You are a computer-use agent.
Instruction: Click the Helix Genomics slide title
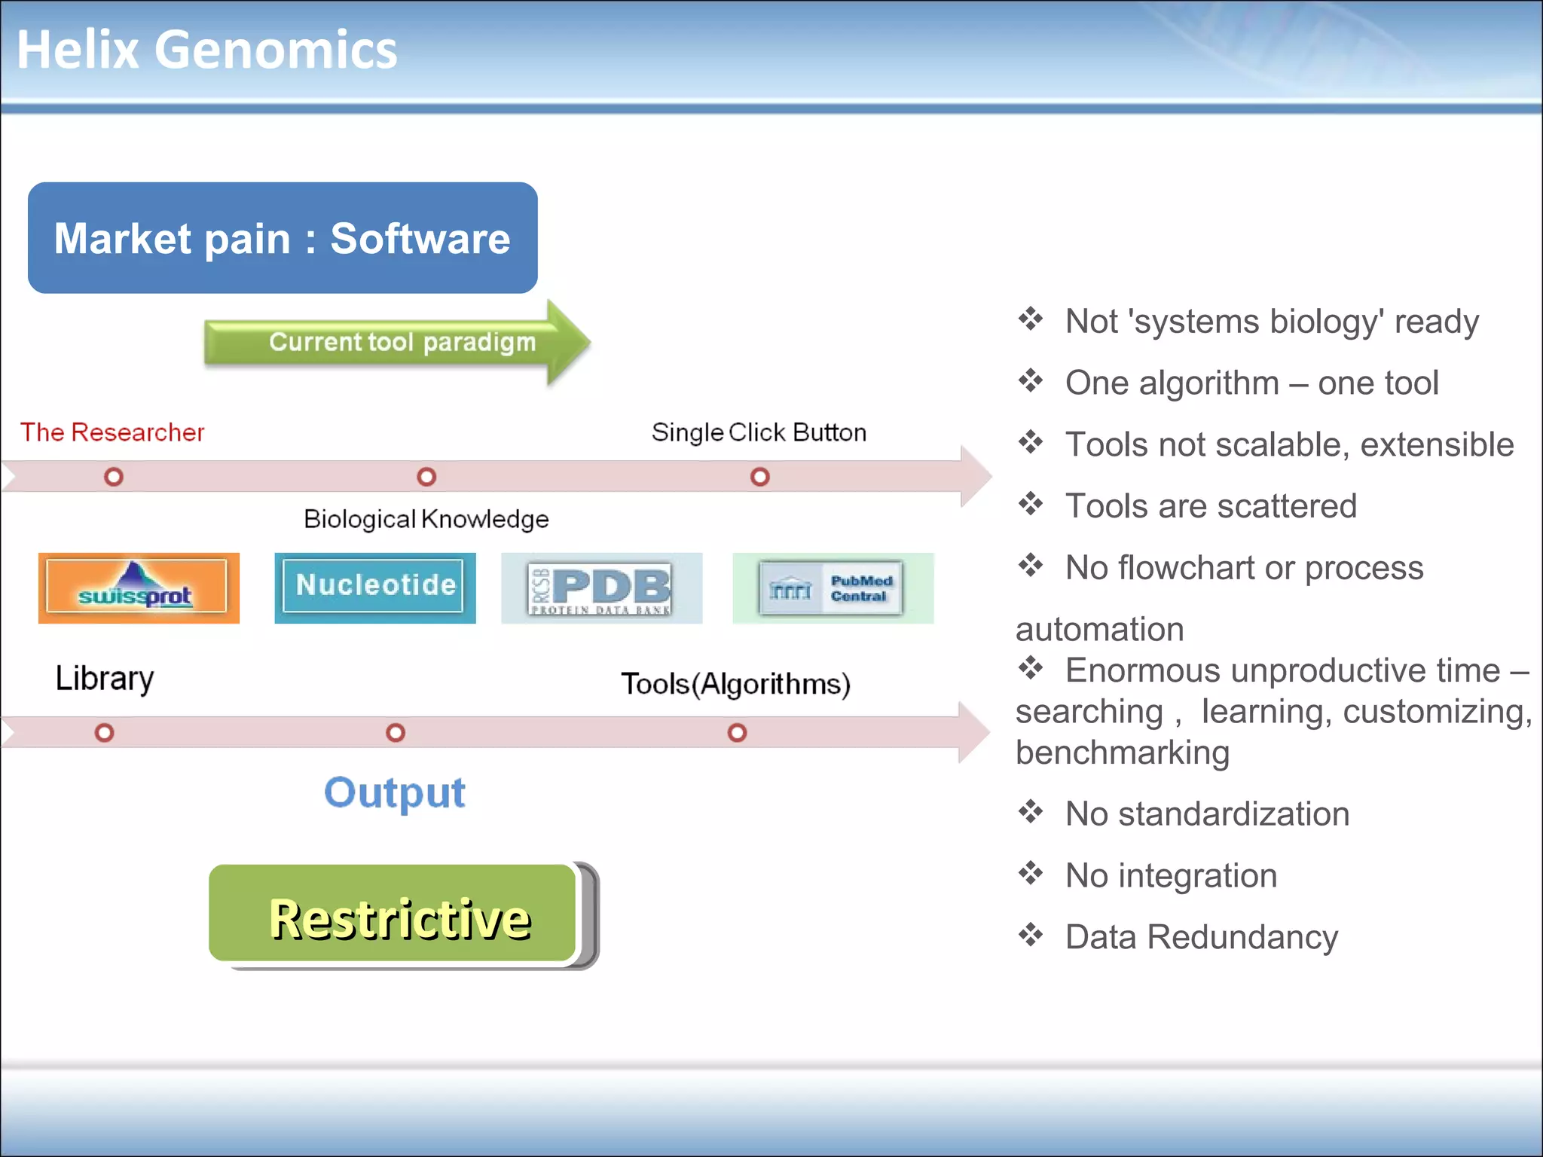pos(206,50)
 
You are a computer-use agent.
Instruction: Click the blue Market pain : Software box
pos(283,238)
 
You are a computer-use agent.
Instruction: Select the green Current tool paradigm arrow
pos(397,343)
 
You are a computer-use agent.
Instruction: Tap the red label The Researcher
pos(112,432)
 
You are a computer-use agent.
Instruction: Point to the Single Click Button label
pos(759,432)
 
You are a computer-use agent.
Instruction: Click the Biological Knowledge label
pos(426,519)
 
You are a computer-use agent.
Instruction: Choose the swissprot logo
pos(139,588)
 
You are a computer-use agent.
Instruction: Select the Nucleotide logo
pos(375,587)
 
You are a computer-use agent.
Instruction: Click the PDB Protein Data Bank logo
pos(601,588)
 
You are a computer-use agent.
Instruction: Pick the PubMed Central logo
pos(833,588)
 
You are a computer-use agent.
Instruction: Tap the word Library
pos(105,678)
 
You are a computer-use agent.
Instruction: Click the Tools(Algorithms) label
pos(735,684)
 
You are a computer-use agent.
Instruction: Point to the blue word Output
pos(395,792)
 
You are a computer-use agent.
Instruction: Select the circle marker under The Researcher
pos(114,477)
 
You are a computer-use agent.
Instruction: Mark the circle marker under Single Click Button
pos(760,477)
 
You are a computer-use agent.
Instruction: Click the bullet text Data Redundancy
pos(1201,937)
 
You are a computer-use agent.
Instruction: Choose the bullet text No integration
pos(1171,875)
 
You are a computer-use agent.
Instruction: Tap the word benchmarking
pos(1123,753)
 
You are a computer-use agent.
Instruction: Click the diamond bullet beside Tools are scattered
pos(1031,503)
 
